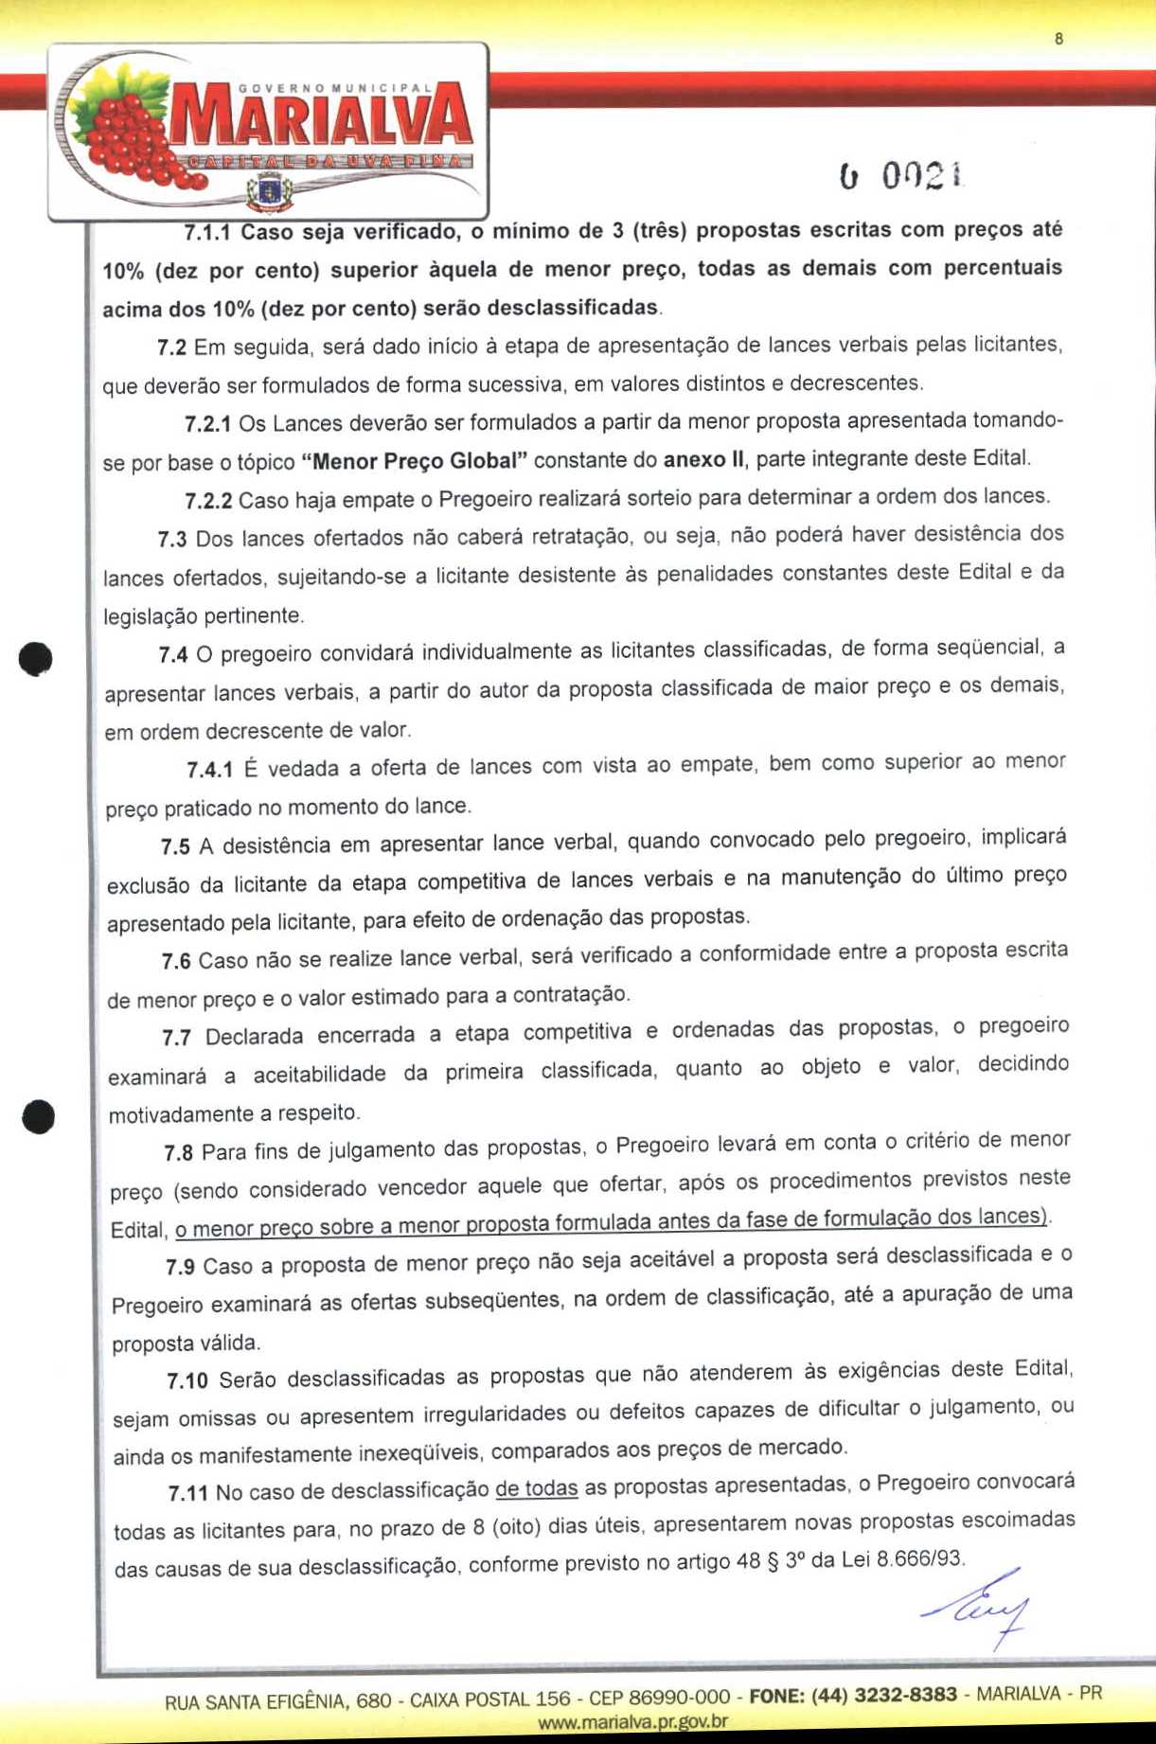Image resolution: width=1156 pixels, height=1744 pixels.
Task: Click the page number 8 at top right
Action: click(1058, 39)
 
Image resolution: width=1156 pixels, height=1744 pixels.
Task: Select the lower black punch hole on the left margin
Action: click(39, 1116)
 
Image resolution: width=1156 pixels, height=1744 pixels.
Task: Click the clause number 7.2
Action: click(171, 347)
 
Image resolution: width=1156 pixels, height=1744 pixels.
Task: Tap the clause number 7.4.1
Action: click(209, 770)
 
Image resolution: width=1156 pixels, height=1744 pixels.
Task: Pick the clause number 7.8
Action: click(178, 1152)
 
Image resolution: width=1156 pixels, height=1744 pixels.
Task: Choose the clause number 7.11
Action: click(187, 1493)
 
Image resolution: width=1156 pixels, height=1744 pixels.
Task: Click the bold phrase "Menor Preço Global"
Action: click(414, 462)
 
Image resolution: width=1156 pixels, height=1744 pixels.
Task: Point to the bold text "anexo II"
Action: click(703, 460)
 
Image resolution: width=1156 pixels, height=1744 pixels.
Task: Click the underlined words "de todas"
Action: click(536, 1488)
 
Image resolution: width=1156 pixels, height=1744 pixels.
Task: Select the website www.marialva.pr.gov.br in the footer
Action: click(632, 1722)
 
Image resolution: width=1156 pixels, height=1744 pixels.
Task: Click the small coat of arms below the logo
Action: click(269, 195)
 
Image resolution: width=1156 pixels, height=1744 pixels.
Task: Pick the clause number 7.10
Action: click(187, 1380)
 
